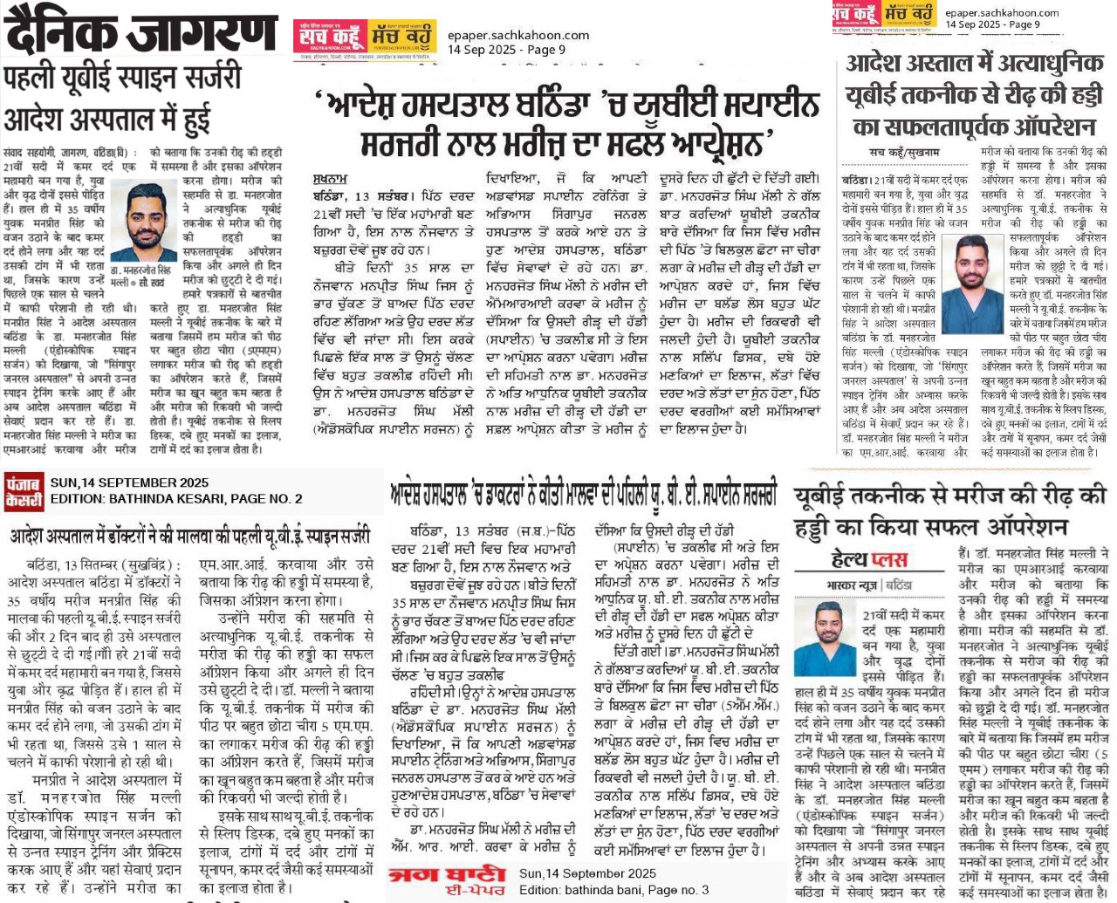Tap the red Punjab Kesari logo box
(x=24, y=490)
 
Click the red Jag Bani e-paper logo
(x=449, y=880)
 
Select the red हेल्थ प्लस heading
(x=869, y=559)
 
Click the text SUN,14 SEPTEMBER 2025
(x=129, y=482)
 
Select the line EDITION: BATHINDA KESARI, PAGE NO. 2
(x=176, y=499)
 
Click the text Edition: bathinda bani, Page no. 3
(x=613, y=890)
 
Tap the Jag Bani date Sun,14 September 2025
(x=587, y=873)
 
